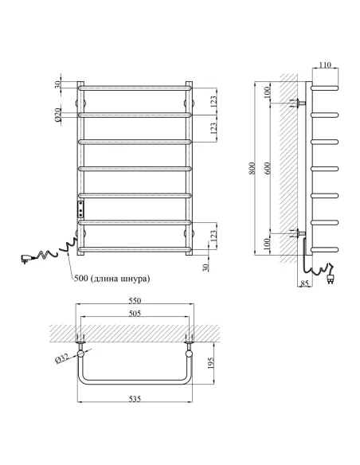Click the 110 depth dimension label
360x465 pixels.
325,64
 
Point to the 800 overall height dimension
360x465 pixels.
252,168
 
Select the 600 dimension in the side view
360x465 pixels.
268,168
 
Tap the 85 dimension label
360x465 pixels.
304,283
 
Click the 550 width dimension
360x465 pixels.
135,300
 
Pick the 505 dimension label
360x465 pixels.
135,313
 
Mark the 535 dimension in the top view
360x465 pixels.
135,399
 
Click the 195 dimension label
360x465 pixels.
210,363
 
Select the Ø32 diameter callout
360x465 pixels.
61,359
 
